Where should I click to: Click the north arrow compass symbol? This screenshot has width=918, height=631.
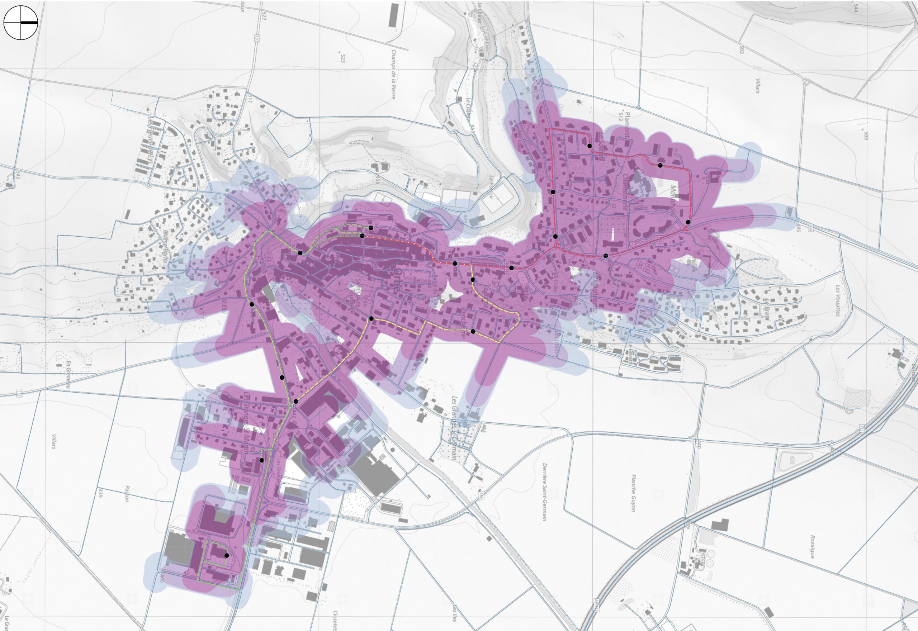(x=20, y=23)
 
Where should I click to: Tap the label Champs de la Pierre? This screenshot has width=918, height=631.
(x=393, y=74)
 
